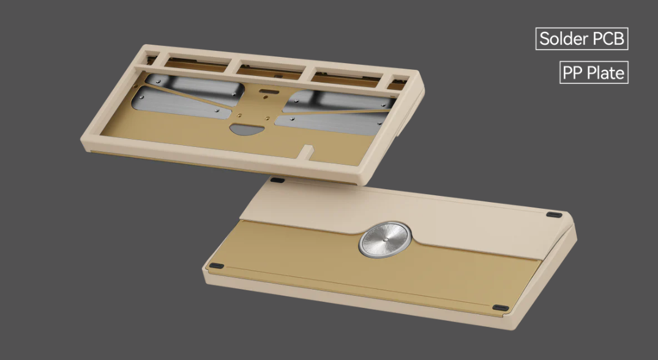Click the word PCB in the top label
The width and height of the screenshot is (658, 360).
pos(608,39)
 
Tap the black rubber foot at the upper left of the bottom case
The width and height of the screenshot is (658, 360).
pos(276,181)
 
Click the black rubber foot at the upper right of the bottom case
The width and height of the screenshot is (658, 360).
pos(553,215)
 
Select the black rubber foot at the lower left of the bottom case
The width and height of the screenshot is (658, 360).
pos(217,266)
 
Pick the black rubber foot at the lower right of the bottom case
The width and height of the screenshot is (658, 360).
pos(500,307)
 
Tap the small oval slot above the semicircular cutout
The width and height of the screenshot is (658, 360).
pos(267,93)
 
